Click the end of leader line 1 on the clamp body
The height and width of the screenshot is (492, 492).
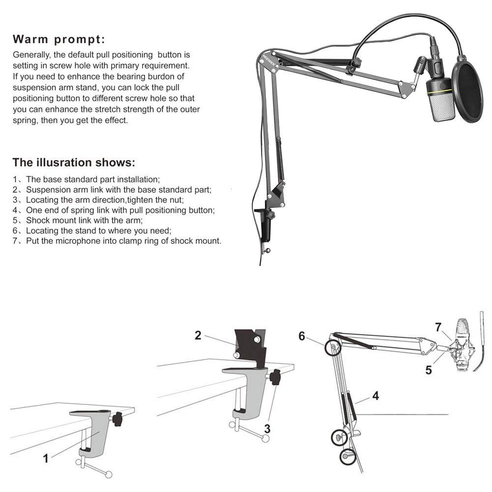tap(99, 432)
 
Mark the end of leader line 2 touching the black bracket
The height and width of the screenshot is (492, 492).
tap(238, 346)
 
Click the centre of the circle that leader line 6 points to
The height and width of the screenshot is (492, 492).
tap(333, 347)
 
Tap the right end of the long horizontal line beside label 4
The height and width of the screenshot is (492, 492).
tap(448, 414)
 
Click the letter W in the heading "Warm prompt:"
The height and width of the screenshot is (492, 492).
tap(19, 39)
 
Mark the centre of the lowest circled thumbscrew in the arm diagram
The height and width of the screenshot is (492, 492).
tap(347, 457)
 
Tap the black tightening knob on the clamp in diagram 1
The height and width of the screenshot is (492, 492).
tap(118, 419)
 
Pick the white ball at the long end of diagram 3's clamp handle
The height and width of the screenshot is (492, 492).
tap(265, 438)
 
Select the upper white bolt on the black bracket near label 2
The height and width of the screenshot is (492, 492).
tap(257, 340)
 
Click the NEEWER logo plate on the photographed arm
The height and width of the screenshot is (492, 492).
tap(269, 60)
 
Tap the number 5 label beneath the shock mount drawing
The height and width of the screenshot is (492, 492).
tap(429, 370)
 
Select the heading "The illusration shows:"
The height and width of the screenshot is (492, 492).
tap(74, 162)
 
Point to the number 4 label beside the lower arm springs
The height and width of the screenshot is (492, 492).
tap(376, 396)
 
